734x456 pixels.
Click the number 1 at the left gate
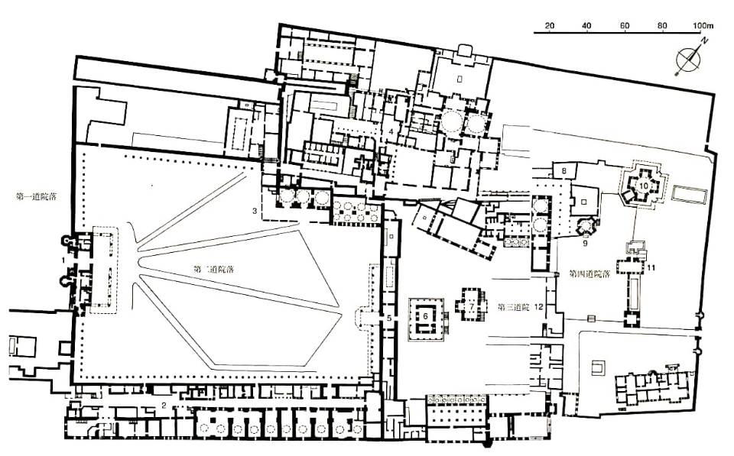click(x=62, y=261)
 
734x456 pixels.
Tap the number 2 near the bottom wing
click(x=164, y=406)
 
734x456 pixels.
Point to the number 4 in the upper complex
click(x=390, y=131)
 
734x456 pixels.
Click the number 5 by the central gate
click(x=388, y=317)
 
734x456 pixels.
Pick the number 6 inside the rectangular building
click(x=426, y=315)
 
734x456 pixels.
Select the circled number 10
click(x=643, y=184)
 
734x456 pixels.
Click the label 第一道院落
click(x=37, y=196)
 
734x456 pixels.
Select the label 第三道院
click(x=512, y=307)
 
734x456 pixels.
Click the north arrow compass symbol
click(x=689, y=59)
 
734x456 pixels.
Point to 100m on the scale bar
click(x=701, y=25)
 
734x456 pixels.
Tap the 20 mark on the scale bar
click(x=549, y=25)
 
